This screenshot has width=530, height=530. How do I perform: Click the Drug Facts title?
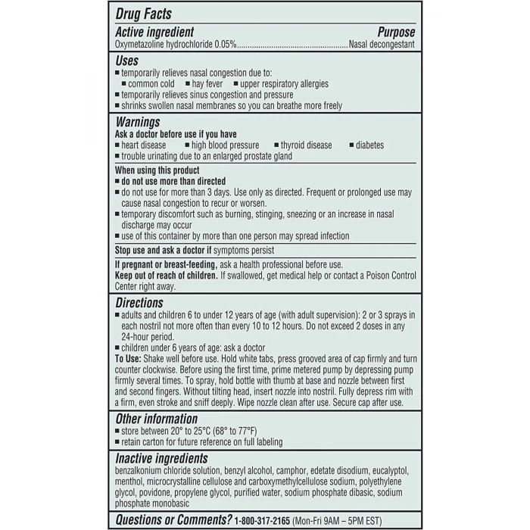tap(143, 14)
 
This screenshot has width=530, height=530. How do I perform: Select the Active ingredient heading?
tap(154, 32)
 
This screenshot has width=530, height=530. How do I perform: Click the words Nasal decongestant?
tap(382, 45)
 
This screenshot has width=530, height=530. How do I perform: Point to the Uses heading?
tap(126, 60)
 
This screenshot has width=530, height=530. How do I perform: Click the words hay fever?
tap(207, 84)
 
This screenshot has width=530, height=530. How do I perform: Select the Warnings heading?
tap(137, 121)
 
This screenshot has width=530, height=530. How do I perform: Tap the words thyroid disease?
tap(306, 145)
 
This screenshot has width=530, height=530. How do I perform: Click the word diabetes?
tap(369, 145)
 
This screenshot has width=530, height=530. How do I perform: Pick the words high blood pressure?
tap(225, 145)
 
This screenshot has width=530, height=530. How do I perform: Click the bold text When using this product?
tap(157, 170)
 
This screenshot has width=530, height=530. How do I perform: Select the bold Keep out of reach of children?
tap(166, 275)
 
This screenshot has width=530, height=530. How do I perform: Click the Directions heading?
tap(139, 302)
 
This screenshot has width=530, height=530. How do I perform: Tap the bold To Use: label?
tap(129, 358)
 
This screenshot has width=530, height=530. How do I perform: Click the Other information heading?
tap(156, 419)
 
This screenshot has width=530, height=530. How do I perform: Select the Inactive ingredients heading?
tap(161, 458)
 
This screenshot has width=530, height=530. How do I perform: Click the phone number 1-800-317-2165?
tap(273, 519)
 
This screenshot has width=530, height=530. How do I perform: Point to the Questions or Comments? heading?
tap(173, 519)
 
